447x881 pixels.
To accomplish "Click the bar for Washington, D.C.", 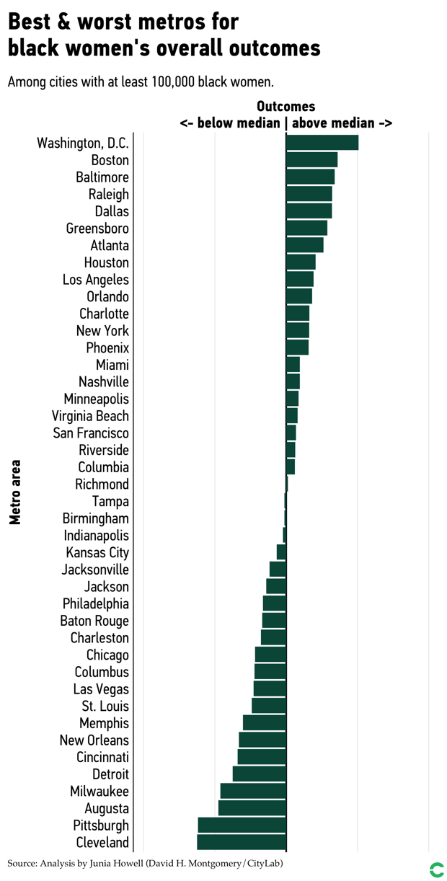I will click(x=322, y=143).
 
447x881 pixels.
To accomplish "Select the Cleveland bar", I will click(x=242, y=842).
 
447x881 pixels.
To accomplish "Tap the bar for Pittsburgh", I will click(x=242, y=825).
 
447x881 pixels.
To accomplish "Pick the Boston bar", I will click(x=311, y=160).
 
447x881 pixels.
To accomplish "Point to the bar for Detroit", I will click(x=260, y=774).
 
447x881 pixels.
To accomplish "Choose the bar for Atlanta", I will click(x=304, y=245).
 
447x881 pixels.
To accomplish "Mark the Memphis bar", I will click(x=265, y=722).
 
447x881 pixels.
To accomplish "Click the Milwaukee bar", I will click(x=253, y=791).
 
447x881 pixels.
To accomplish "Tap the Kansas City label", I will click(x=97, y=553).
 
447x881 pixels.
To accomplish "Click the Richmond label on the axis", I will click(x=102, y=484).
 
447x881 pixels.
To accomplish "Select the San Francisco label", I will click(x=91, y=433).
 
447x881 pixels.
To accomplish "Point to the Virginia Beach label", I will click(x=90, y=416).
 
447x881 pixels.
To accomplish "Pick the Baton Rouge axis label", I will click(x=94, y=621).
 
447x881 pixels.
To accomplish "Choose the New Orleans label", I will click(x=94, y=740).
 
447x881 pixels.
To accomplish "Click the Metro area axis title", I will click(x=15, y=492).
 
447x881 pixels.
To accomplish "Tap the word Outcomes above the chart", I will click(x=286, y=107).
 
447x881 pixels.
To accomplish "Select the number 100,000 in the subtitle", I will click(x=177, y=81).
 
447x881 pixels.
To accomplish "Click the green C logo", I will click(x=436, y=869).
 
